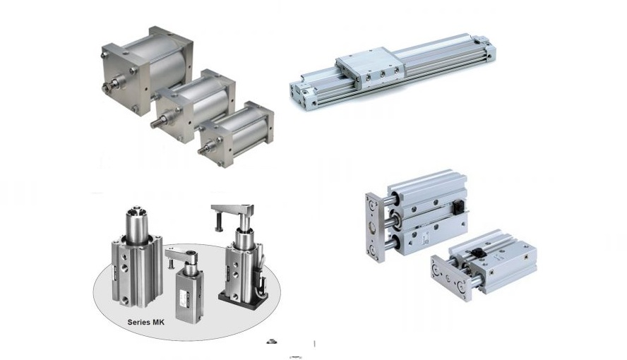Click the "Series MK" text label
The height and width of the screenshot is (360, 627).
coord(145,322)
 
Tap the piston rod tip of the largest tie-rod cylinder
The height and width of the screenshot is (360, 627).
coord(106,88)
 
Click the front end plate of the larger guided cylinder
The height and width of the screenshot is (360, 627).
coord(375,227)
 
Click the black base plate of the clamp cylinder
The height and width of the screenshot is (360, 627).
coord(242,299)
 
